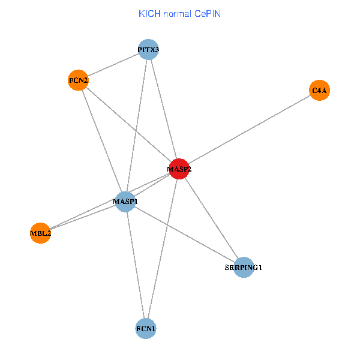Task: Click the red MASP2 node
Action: pyautogui.click(x=179, y=169)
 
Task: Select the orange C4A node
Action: pyautogui.click(x=319, y=91)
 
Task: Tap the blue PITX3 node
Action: pyautogui.click(x=148, y=49)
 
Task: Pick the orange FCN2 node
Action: pyautogui.click(x=79, y=80)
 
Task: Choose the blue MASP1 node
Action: pyautogui.click(x=126, y=202)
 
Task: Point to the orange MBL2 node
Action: pyautogui.click(x=40, y=233)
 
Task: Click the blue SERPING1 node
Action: pyautogui.click(x=244, y=267)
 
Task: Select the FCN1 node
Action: pyautogui.click(x=146, y=329)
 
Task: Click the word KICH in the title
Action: pyautogui.click(x=149, y=13)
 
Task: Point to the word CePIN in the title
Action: pyautogui.click(x=207, y=13)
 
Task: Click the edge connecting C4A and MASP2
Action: pyautogui.click(x=249, y=130)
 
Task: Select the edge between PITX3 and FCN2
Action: pyautogui.click(x=113, y=65)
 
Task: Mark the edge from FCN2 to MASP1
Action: pyautogui.click(x=102, y=140)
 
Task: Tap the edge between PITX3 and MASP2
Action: pyautogui.click(x=164, y=109)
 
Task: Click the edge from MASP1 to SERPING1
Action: pyautogui.click(x=185, y=234)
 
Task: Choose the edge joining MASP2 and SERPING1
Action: pyautogui.click(x=211, y=218)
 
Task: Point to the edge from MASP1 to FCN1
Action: pyautogui.click(x=136, y=265)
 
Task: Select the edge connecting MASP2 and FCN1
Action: pyautogui.click(x=163, y=249)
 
